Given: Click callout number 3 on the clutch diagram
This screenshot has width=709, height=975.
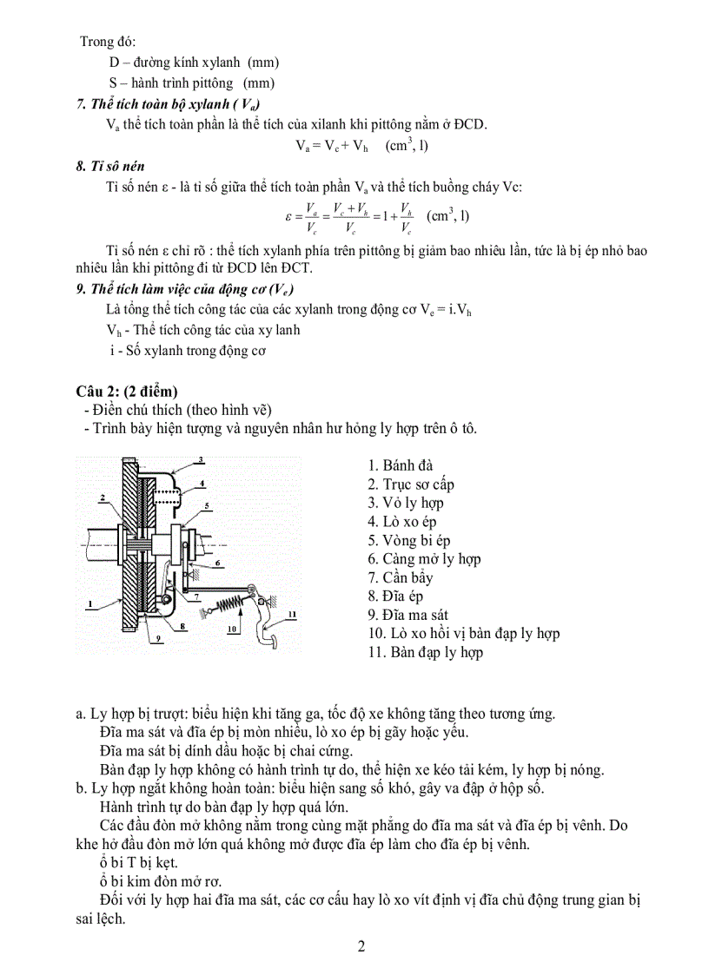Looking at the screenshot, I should (200, 459).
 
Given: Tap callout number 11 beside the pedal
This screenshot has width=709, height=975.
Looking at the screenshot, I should (292, 614).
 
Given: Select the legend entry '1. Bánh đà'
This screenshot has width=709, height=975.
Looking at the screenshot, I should (400, 466).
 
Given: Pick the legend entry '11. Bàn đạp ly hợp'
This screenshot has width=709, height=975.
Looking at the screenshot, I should (425, 652).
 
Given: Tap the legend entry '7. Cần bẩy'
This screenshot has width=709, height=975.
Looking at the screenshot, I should (400, 577).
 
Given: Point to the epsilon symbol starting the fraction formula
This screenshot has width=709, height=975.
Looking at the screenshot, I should (288, 214).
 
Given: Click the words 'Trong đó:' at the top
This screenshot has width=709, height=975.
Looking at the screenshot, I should (109, 42).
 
